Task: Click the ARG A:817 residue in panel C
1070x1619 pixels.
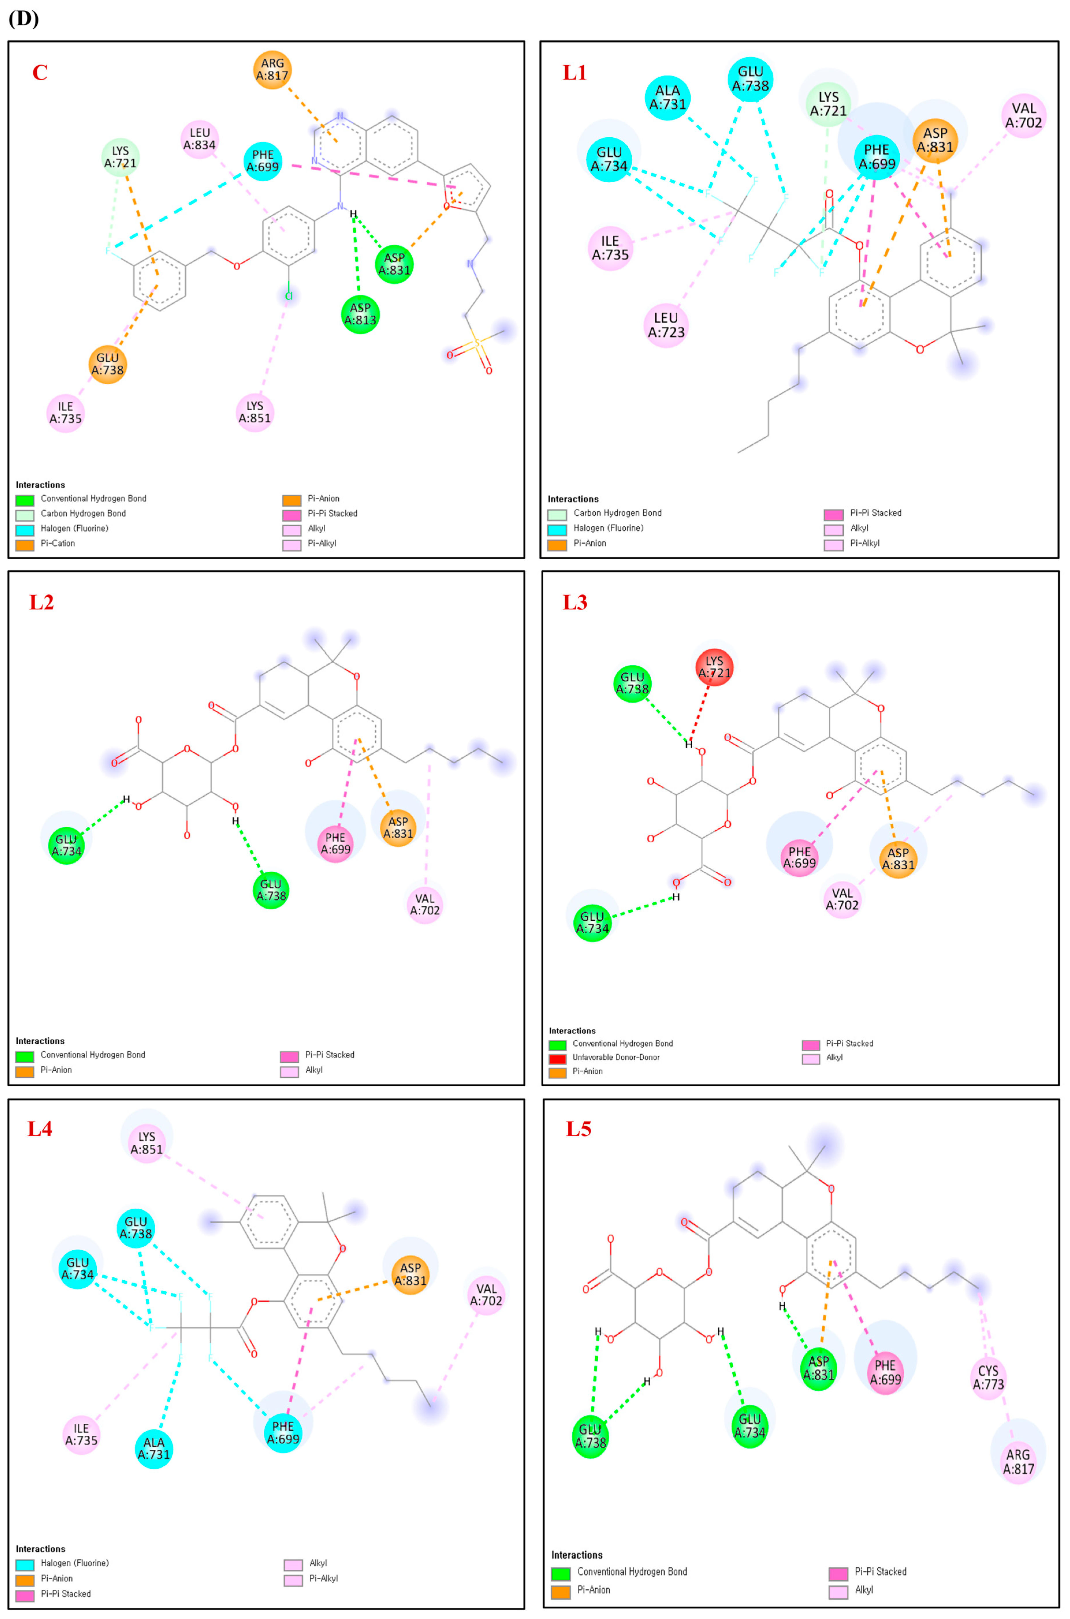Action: coord(272,70)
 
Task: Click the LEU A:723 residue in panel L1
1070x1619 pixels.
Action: coord(665,325)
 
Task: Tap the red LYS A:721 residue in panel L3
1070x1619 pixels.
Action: coord(714,666)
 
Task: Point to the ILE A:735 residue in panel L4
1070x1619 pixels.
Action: coord(81,1434)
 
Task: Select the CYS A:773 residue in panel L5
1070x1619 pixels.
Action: coord(987,1377)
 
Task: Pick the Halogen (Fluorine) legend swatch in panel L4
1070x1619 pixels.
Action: coord(25,1563)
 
